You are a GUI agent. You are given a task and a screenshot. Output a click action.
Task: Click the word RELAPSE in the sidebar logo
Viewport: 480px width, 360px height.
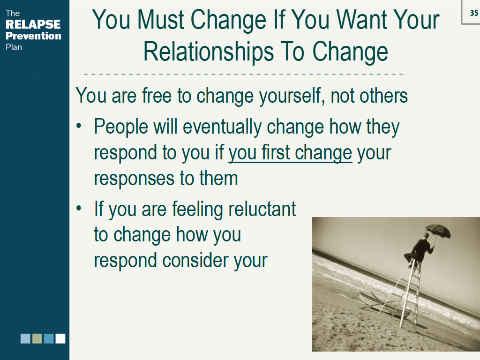(33, 24)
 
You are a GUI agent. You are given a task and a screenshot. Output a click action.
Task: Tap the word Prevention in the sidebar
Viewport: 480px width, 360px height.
(33, 36)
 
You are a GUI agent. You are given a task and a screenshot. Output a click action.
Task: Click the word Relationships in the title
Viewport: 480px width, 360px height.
(209, 52)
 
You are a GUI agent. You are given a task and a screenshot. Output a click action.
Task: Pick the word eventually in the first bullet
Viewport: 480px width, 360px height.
(222, 127)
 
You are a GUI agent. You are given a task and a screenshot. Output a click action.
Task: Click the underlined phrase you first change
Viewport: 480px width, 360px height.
(290, 153)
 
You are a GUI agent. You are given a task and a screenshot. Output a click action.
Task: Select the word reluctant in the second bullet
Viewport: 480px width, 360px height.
(262, 209)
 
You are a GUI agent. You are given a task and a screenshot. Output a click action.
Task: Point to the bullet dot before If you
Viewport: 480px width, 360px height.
(79, 208)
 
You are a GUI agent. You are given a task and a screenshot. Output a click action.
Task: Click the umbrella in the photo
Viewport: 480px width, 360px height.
(438, 232)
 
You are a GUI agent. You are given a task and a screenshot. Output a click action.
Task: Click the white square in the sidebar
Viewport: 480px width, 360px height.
(60, 338)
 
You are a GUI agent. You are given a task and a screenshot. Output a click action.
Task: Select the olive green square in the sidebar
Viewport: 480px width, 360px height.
(37, 338)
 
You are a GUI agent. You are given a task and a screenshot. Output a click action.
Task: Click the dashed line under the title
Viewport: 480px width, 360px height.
(244, 74)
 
